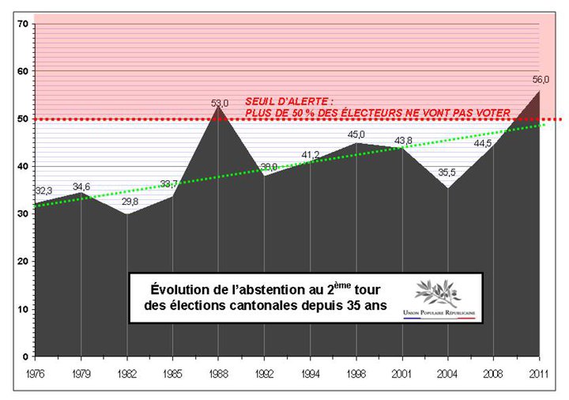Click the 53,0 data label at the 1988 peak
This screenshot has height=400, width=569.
coord(219,103)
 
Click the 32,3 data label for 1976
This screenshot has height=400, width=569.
coord(44,191)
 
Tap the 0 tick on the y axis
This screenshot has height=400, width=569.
coord(25,357)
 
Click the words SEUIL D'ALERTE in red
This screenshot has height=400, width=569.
coord(289,102)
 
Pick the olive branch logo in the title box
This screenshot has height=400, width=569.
coord(443,293)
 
